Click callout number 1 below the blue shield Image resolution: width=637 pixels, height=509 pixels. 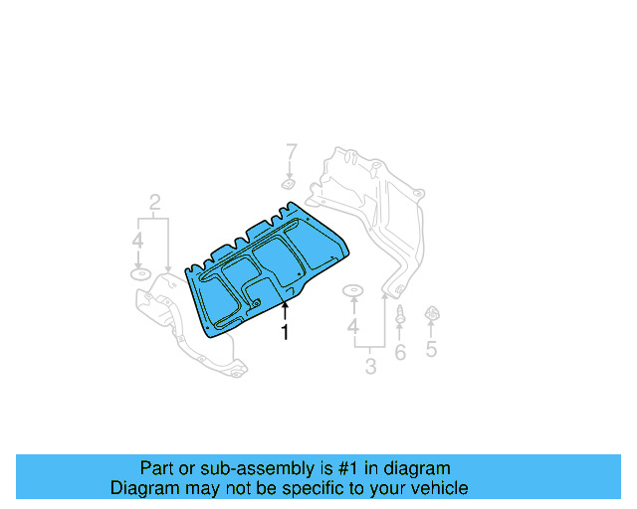285,333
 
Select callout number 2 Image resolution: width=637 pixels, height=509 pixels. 155,205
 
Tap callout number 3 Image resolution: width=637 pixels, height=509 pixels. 370,367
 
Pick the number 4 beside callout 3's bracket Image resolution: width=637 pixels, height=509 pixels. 352,327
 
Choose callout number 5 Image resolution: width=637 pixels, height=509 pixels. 431,349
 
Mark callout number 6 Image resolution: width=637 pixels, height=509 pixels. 400,352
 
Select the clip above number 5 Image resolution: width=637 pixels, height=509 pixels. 432,315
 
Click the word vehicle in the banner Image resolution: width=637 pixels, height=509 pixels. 438,489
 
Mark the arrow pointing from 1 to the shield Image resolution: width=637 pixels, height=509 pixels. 285,310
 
